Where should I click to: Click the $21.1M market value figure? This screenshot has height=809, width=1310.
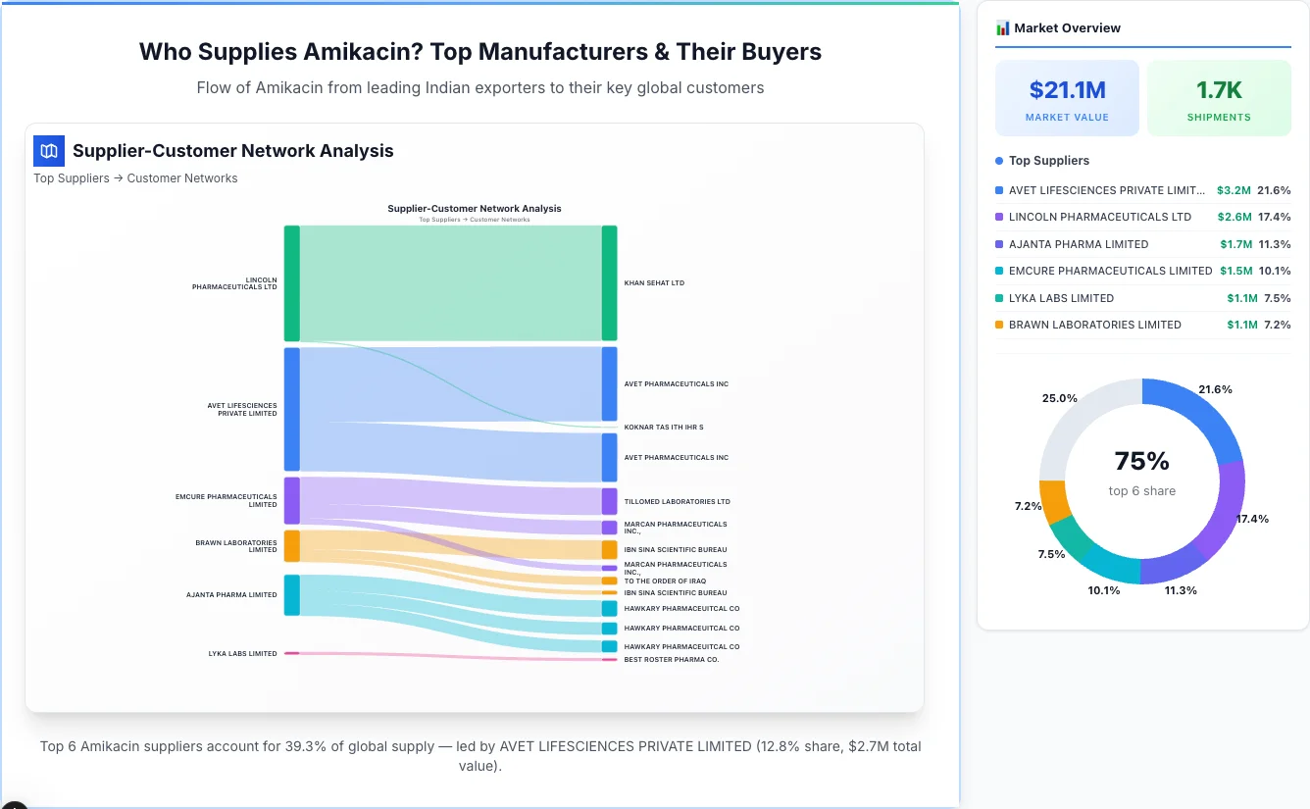point(1067,90)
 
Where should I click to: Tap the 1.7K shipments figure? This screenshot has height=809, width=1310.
point(1219,90)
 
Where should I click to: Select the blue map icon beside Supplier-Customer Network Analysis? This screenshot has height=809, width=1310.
point(49,151)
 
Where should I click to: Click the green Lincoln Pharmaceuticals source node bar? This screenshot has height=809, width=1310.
point(291,283)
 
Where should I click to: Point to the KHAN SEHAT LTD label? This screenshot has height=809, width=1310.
point(654,283)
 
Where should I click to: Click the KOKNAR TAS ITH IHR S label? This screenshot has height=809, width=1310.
point(663,428)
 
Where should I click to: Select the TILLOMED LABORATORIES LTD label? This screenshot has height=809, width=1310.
point(677,502)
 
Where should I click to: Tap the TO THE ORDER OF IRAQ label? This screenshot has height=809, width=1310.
point(665,581)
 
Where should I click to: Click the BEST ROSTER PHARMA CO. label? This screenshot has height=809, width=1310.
point(671,660)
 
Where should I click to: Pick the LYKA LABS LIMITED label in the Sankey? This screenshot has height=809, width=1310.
point(242,654)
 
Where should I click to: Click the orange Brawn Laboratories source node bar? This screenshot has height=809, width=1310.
point(291,546)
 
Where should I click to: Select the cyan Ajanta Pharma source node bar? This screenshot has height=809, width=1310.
point(291,595)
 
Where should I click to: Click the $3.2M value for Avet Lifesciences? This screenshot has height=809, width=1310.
point(1234,190)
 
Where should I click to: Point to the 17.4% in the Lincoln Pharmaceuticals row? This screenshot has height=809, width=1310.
point(1274,217)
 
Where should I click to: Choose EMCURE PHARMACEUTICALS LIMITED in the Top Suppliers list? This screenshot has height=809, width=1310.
point(1110,271)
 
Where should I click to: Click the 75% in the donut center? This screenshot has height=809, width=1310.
point(1142,461)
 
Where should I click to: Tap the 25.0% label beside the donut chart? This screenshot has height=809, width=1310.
point(1060,398)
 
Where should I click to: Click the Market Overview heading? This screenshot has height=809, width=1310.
point(1067,28)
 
